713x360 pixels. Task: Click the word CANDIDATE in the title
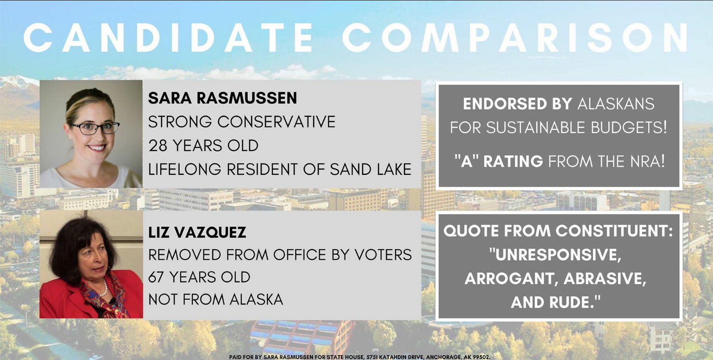coord(168,38)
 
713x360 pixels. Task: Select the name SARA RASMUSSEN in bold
coord(223,98)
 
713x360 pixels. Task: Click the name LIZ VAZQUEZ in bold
coord(197,232)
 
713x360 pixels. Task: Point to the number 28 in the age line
coord(158,146)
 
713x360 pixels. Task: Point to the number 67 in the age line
coord(157,277)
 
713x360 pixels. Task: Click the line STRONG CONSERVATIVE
coord(242,122)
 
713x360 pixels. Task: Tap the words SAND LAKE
coord(370,169)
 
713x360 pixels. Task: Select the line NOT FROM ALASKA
coord(216,300)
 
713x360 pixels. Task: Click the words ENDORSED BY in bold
coord(517,104)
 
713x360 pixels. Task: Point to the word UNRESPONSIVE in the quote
coord(555,255)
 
